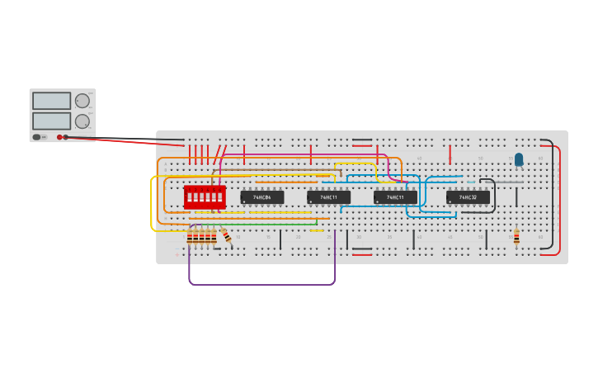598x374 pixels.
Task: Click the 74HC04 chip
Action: coord(261,197)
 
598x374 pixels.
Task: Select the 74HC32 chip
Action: coord(468,197)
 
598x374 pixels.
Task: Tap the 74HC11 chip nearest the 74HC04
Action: coord(328,197)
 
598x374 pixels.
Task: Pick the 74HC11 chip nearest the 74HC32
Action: coord(395,197)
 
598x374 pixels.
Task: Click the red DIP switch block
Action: coord(205,196)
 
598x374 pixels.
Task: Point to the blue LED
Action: coord(519,159)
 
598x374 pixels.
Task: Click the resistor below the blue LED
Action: coord(517,238)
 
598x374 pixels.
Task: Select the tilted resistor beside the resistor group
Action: coord(227,236)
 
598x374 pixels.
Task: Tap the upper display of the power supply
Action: coord(51,101)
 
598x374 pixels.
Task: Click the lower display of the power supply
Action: coord(51,121)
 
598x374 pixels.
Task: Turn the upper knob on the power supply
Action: coord(82,101)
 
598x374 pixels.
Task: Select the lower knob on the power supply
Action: coord(82,121)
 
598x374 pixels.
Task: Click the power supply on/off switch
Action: coord(37,137)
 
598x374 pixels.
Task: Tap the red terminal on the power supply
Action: coord(59,137)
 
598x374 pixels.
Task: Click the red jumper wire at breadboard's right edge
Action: coord(560,198)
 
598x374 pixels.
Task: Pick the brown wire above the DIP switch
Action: coord(272,171)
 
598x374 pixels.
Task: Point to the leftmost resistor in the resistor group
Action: coord(190,238)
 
